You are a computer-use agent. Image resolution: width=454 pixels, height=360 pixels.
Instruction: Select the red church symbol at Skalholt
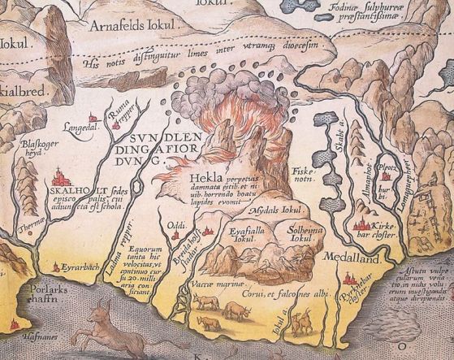(59, 177)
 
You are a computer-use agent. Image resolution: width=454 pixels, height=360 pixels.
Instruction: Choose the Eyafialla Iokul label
(244, 236)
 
